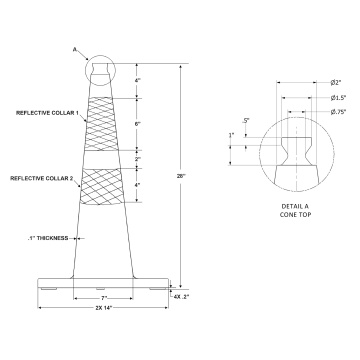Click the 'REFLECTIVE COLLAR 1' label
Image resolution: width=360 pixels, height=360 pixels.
coord(47,112)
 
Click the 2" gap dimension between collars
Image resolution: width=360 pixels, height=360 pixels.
coord(137,158)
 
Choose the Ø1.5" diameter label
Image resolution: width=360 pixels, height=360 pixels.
coord(337,98)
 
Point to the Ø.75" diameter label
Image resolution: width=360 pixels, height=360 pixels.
coord(337,112)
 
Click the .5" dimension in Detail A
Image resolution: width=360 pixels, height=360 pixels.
coord(247,120)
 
